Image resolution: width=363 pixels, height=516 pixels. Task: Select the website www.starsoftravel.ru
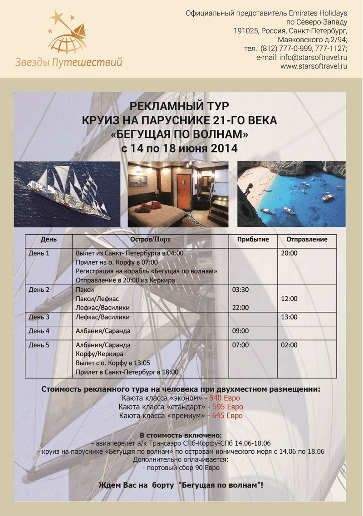[314, 66]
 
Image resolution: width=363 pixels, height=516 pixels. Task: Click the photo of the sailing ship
[67, 193]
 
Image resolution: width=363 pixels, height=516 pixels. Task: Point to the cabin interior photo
[178, 194]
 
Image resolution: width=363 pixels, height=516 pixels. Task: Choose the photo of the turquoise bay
[292, 193]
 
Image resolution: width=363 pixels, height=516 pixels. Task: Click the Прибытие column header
[253, 240]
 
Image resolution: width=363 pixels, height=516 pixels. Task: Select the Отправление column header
[306, 240]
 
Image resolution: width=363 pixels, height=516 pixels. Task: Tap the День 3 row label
[39, 317]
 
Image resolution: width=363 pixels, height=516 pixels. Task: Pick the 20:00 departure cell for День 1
[289, 253]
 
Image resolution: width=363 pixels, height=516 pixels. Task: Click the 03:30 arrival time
[240, 290]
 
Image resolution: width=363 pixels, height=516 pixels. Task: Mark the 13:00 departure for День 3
[289, 317]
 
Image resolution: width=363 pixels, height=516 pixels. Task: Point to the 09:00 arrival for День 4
[240, 331]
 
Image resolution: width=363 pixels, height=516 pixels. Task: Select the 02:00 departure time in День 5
[289, 345]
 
